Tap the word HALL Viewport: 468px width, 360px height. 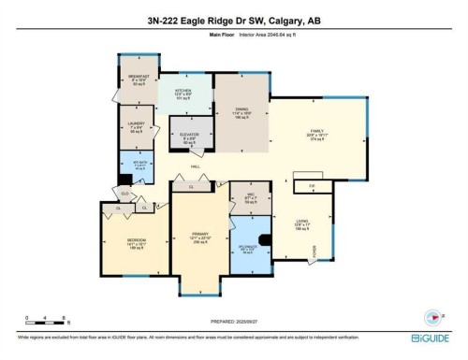point(197,166)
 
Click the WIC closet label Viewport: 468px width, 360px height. point(248,195)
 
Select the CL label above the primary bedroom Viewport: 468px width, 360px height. point(192,185)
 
